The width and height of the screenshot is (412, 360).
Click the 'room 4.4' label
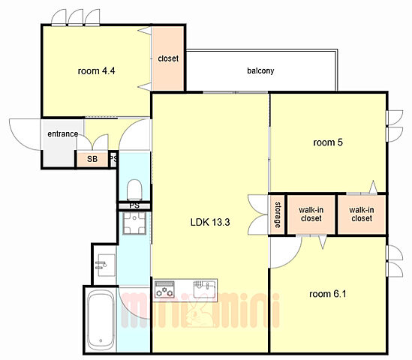[96, 71]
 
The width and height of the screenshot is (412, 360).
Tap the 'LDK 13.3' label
[210, 222]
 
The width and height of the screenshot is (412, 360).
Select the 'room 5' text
[328, 142]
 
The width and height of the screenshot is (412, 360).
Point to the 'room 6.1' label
[328, 294]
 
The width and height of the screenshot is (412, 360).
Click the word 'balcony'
[260, 70]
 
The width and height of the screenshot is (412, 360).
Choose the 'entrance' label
[63, 134]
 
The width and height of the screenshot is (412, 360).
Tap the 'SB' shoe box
[92, 159]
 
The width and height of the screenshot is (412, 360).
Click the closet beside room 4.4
[168, 58]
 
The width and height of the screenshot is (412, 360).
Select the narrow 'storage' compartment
[277, 214]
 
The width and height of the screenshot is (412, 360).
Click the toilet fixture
[134, 190]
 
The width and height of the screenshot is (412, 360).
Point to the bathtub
[101, 319]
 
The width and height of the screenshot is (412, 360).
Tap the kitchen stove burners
[164, 289]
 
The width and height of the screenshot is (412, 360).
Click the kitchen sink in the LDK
[205, 289]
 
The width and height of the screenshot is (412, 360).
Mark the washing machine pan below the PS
[134, 223]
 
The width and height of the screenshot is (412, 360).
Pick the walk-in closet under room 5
[362, 214]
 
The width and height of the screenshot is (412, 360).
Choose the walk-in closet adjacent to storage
[311, 214]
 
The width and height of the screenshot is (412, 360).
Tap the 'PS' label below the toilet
[134, 205]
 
